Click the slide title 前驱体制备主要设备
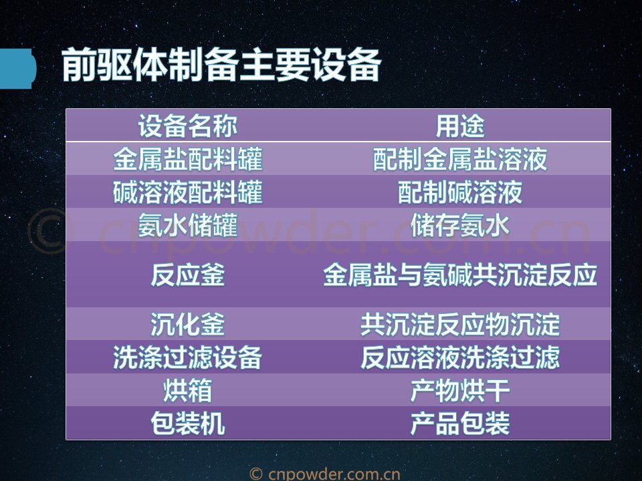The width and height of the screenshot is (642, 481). tap(221, 65)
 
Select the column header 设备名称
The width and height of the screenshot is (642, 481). tap(187, 126)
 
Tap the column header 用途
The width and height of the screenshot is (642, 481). tap(460, 126)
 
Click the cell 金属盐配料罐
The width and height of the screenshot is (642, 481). tap(187, 159)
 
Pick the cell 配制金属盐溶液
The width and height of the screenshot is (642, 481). tap(460, 159)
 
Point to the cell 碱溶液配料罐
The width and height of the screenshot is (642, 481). tap(187, 192)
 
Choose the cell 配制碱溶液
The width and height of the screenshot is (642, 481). tap(460, 192)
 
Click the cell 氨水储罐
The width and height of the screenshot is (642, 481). tap(187, 225)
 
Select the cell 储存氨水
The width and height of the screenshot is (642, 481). tap(460, 225)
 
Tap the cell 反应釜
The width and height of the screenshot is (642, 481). tap(187, 275)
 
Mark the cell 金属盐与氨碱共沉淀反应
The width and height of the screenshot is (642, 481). tap(460, 275)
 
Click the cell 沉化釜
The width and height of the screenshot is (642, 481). tap(187, 325)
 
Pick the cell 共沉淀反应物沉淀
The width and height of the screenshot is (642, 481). tap(460, 325)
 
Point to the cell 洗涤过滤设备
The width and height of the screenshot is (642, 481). tap(187, 357)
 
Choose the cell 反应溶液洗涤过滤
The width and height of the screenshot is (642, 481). tap(460, 357)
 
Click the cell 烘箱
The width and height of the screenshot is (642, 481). tap(187, 390)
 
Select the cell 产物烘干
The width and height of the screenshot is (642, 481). tap(460, 390)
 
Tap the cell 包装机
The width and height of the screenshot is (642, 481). tap(187, 424)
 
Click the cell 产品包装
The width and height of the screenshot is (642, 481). tap(460, 424)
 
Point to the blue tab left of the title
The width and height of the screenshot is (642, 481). tap(17, 68)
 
